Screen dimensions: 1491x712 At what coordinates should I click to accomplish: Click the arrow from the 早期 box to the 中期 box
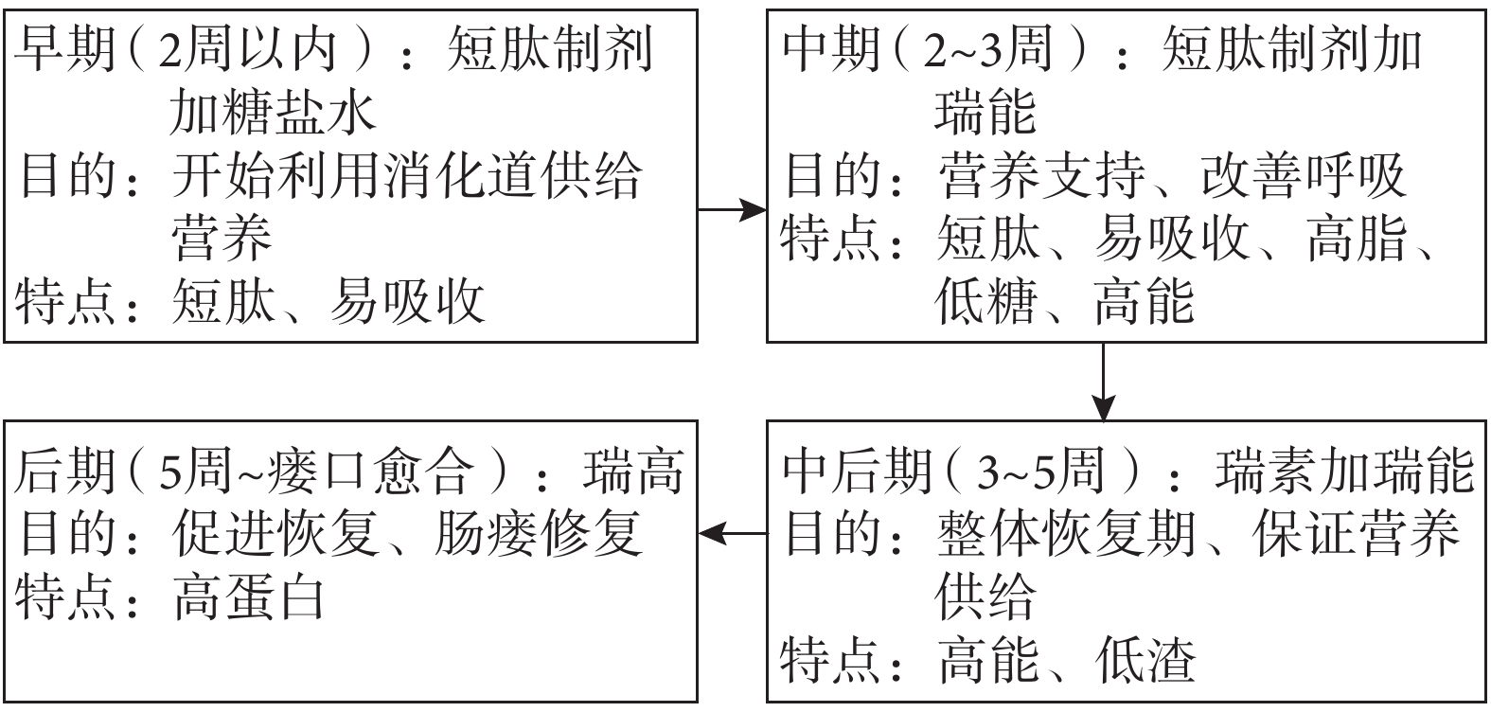(732, 209)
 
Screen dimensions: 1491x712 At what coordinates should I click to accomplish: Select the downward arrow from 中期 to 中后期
(1103, 382)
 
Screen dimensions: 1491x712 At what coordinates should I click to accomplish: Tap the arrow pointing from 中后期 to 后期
(733, 533)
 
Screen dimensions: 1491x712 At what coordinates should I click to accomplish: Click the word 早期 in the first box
(65, 49)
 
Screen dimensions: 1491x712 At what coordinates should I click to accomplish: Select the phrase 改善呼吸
(1304, 176)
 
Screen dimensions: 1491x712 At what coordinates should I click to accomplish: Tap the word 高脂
(1358, 239)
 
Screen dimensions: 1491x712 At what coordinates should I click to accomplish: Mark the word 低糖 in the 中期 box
(986, 301)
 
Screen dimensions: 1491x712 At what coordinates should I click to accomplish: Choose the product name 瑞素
(1266, 471)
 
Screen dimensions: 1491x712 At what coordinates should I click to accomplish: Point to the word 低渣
(1145, 661)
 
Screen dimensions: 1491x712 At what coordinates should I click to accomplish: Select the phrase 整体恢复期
(1065, 534)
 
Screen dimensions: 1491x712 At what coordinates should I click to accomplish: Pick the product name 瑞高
(633, 471)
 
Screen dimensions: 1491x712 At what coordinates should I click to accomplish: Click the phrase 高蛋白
(249, 597)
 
